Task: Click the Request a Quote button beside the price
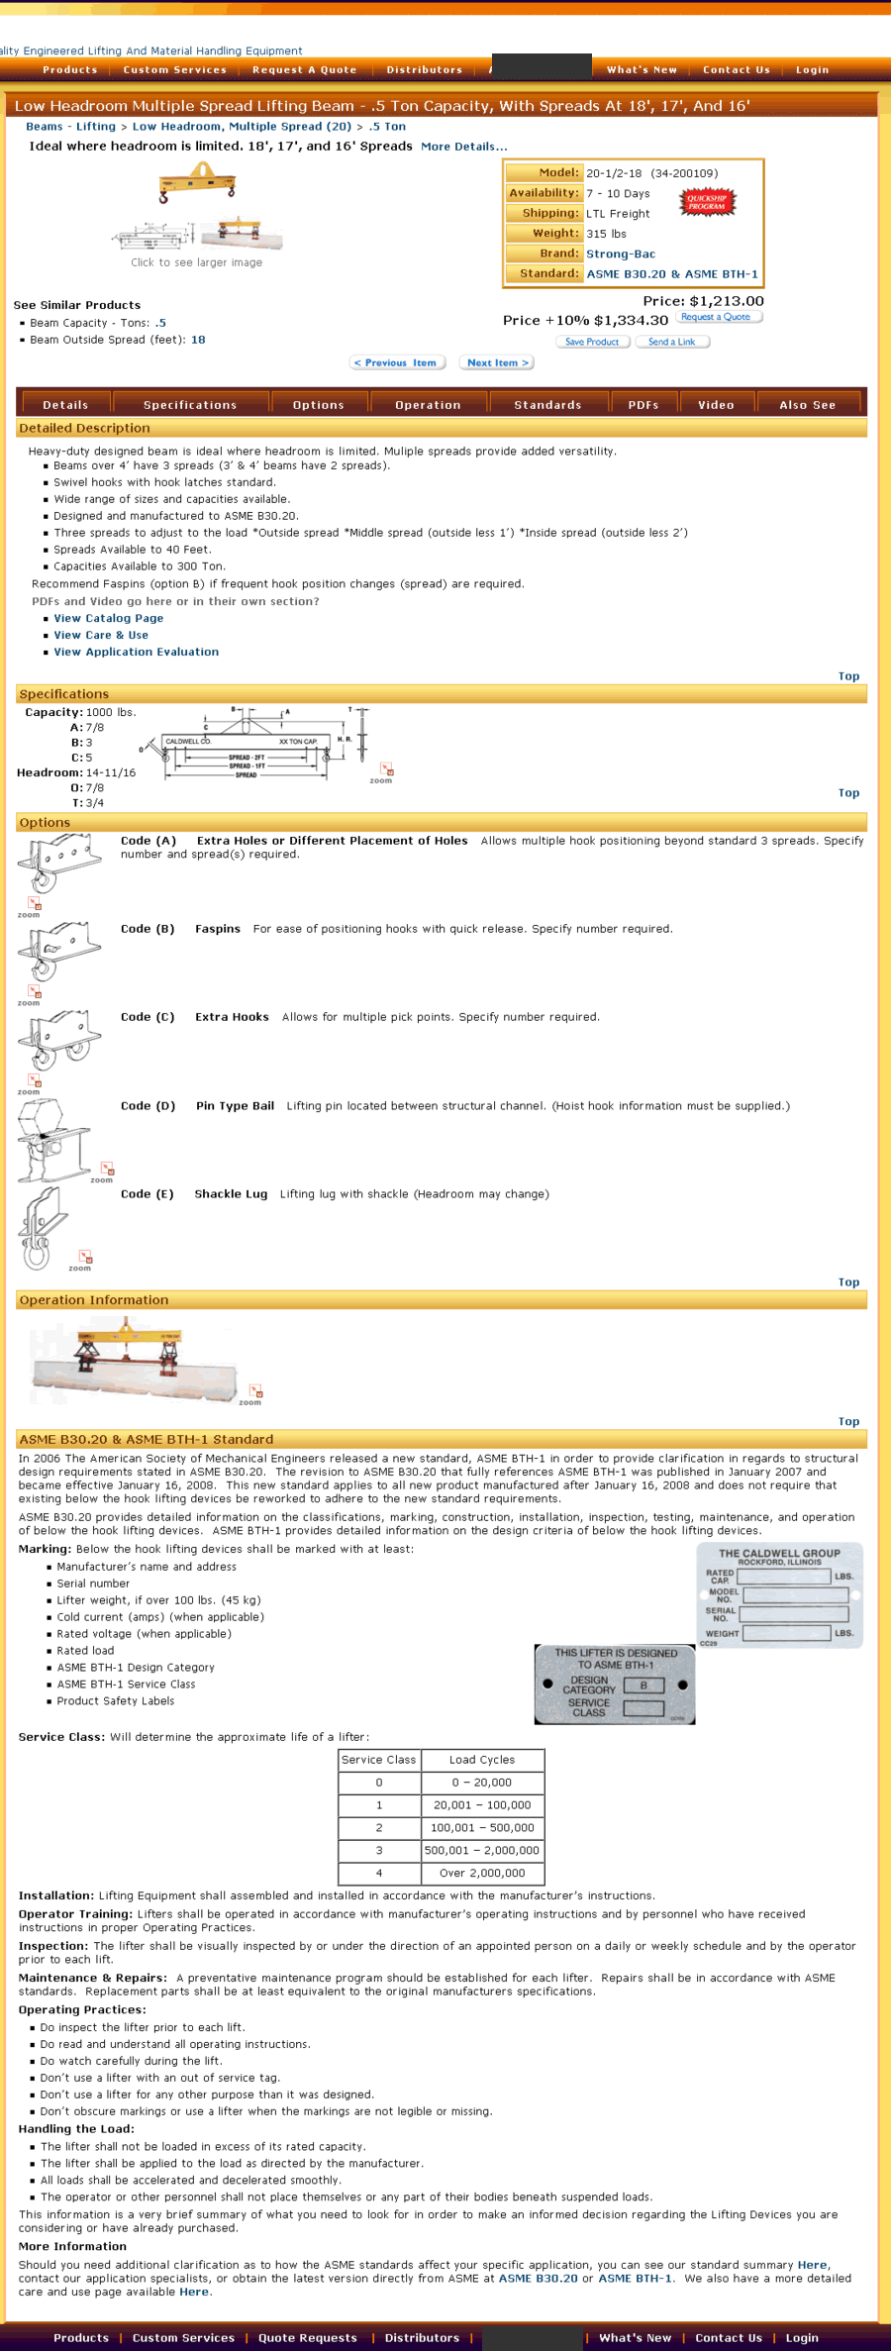point(720,317)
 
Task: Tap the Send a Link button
point(672,342)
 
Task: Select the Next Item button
point(497,362)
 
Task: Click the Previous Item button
point(397,362)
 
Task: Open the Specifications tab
point(190,405)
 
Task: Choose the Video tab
point(716,405)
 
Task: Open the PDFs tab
point(643,405)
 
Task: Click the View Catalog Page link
point(109,618)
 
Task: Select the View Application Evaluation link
point(137,652)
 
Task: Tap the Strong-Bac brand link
point(621,255)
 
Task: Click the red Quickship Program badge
point(707,202)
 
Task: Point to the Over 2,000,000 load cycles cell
point(482,1873)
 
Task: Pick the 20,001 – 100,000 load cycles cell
point(482,1805)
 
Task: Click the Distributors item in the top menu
point(424,70)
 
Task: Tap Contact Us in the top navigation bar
point(737,70)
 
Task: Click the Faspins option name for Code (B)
point(218,929)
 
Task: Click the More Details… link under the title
point(463,147)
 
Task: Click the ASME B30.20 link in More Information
point(538,2279)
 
